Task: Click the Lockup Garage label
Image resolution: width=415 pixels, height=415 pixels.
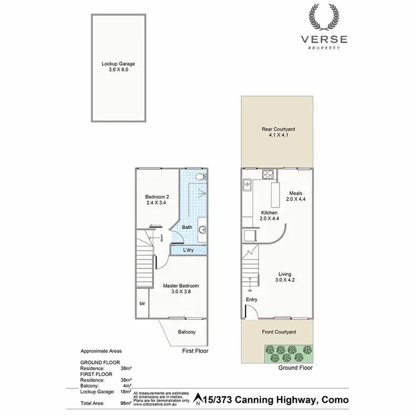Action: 118,64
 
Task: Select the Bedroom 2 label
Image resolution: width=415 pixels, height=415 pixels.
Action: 157,196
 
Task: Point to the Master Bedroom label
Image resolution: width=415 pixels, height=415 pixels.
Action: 180,286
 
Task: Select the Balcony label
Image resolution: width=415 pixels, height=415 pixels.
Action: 186,333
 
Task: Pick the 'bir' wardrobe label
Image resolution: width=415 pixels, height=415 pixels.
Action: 142,304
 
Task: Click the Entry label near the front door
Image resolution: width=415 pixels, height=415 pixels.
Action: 252,299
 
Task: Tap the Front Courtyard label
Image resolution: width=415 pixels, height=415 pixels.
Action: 278,332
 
